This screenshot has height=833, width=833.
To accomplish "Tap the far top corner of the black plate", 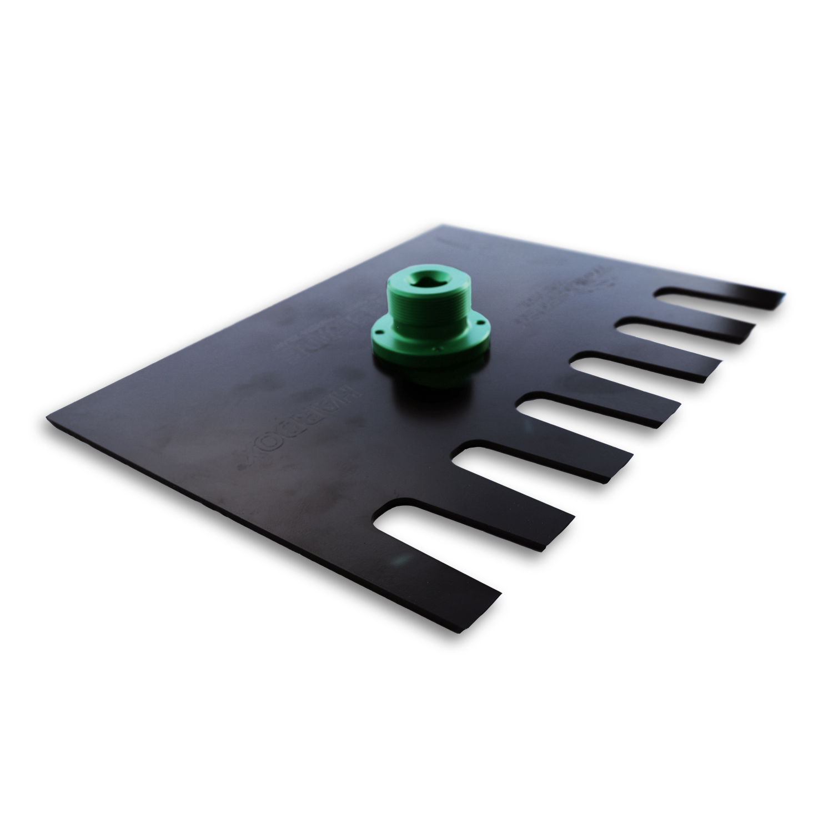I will (x=441, y=226).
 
